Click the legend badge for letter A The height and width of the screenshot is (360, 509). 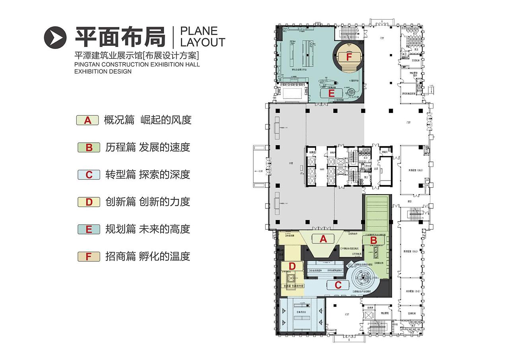[x=87, y=120]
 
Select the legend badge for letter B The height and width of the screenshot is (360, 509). [x=89, y=148]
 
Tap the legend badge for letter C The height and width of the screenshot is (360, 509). [x=89, y=175]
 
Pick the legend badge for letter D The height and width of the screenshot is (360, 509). [x=89, y=202]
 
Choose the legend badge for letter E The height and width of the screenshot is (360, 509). [x=89, y=229]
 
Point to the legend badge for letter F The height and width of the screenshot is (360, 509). [x=89, y=257]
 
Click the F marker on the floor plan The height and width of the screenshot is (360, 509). [x=349, y=57]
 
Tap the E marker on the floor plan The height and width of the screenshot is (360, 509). [x=332, y=93]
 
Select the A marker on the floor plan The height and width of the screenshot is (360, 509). [x=323, y=239]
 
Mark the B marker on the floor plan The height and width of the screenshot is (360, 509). [x=373, y=240]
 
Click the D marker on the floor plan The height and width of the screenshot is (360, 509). [x=292, y=266]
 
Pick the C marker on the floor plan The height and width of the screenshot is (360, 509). [x=338, y=285]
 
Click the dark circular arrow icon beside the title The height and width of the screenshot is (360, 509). [x=55, y=37]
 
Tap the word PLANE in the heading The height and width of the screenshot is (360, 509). [x=199, y=31]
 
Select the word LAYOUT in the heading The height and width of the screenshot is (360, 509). [x=203, y=42]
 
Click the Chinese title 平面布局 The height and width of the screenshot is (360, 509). [x=120, y=37]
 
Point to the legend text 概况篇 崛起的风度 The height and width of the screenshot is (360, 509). [x=148, y=120]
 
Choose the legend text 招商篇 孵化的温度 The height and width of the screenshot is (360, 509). [x=148, y=257]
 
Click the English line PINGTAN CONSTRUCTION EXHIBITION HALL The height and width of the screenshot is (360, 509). [x=137, y=64]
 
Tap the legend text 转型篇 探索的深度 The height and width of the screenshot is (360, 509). [x=148, y=175]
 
